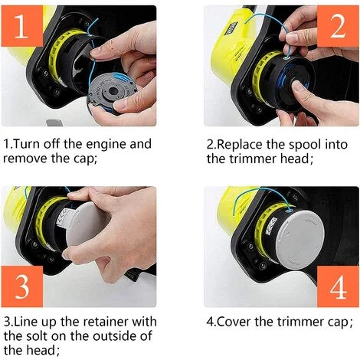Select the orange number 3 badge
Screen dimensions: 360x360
(x=25, y=286)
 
